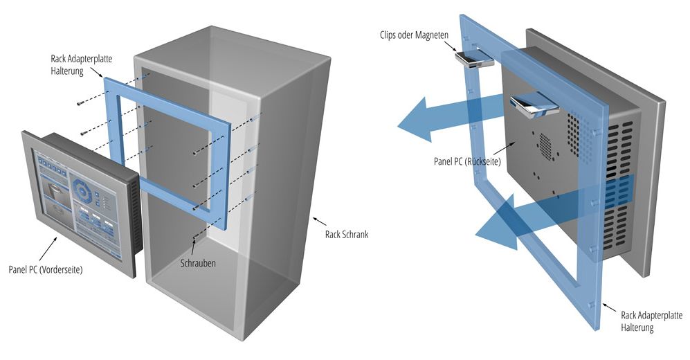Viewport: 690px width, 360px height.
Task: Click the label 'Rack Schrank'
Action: (347, 234)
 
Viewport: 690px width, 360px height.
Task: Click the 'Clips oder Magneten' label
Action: (414, 35)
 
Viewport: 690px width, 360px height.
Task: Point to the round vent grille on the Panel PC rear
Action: (545, 144)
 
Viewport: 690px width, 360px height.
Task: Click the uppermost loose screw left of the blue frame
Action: (81, 103)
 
